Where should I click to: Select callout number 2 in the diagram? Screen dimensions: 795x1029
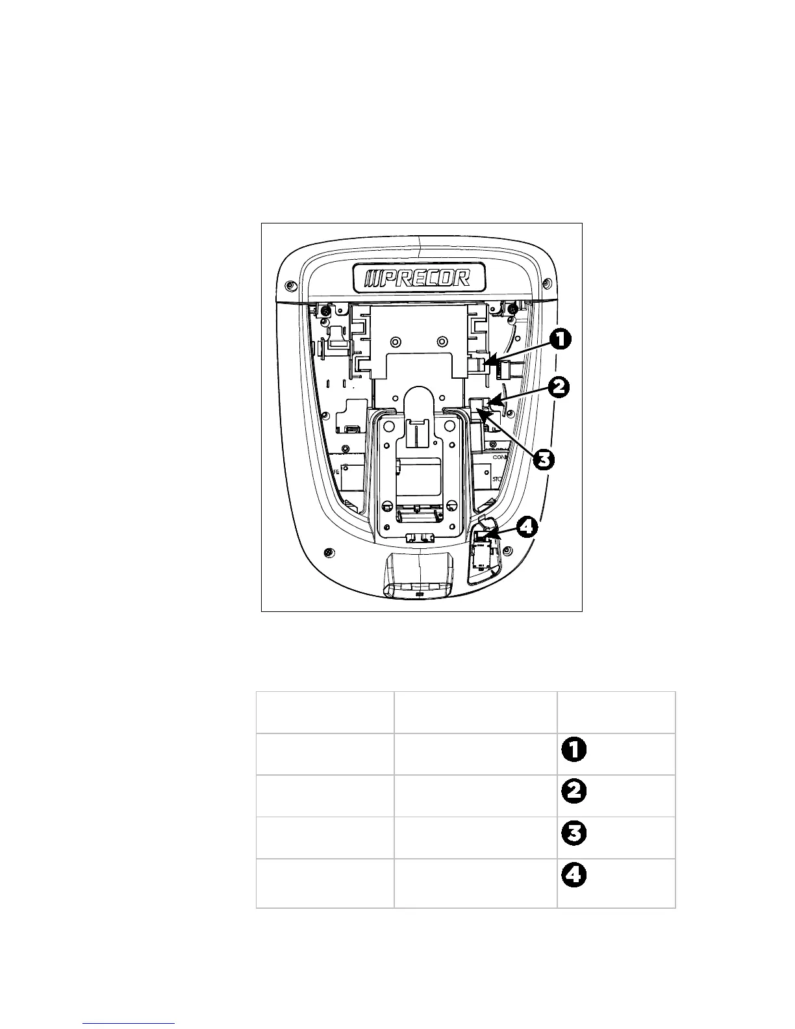(559, 388)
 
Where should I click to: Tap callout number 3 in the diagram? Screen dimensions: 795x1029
(544, 459)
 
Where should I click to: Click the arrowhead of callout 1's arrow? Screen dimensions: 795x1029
(488, 359)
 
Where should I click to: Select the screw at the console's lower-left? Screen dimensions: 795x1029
(329, 553)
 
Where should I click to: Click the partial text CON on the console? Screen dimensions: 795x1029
(499, 457)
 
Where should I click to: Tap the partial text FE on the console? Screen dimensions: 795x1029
(336, 473)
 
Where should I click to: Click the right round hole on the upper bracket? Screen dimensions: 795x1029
(442, 341)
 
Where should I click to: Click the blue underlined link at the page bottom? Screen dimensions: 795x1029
(129, 1024)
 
